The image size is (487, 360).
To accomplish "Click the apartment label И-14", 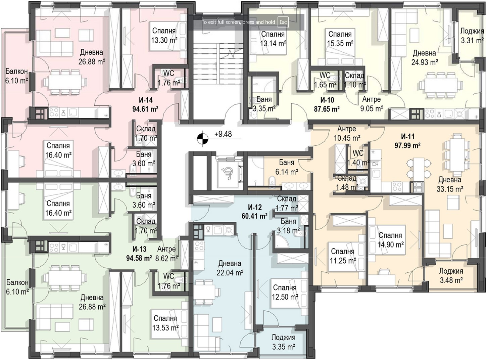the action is [146, 100].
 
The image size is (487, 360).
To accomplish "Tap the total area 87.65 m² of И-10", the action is [327, 109].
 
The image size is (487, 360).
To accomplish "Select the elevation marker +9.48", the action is [223, 134].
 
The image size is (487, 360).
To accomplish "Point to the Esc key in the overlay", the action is [283, 22].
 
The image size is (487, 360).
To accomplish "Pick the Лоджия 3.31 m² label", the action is [472, 36].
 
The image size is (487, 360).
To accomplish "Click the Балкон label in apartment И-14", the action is [17, 71].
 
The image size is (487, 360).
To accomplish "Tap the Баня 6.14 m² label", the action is [287, 167].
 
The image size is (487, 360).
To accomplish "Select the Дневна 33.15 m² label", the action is [450, 184].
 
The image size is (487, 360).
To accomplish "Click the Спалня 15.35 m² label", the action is [340, 39].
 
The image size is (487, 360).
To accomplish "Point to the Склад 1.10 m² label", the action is [355, 80].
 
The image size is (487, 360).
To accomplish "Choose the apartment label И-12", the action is [255, 207].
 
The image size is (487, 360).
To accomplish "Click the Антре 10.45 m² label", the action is [347, 133].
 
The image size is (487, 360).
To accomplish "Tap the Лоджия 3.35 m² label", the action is [284, 342].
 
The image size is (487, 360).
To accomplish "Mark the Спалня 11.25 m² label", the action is [343, 256].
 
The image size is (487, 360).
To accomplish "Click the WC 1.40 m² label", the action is [358, 158].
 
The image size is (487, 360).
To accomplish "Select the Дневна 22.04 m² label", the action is [230, 268].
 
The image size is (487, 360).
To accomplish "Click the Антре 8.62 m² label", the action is [167, 254].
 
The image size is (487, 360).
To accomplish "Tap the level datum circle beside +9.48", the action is [203, 139].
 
